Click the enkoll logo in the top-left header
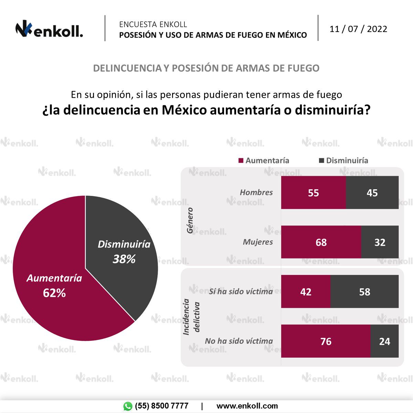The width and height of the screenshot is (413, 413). (49, 30)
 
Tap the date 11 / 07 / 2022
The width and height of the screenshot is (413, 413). (358, 29)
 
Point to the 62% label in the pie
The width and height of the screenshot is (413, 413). (54, 293)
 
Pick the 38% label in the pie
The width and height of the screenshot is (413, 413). (124, 259)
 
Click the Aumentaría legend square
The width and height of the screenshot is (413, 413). (241, 160)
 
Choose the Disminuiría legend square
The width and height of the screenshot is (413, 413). (322, 160)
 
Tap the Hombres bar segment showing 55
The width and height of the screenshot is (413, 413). (313, 192)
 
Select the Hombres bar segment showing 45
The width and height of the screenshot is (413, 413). (372, 192)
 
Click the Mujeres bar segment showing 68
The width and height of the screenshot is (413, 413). (321, 242)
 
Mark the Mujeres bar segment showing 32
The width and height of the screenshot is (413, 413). (380, 242)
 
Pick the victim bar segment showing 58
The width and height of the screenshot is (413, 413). (364, 292)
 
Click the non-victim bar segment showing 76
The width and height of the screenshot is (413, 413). (326, 341)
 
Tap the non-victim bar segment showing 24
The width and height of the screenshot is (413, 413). (384, 341)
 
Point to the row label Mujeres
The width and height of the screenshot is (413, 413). (258, 242)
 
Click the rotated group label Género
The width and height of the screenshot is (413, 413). (190, 220)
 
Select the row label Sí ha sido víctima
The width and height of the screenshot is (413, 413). (241, 292)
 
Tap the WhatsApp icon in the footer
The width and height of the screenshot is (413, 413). (128, 406)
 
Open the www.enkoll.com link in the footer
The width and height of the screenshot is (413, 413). (247, 406)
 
